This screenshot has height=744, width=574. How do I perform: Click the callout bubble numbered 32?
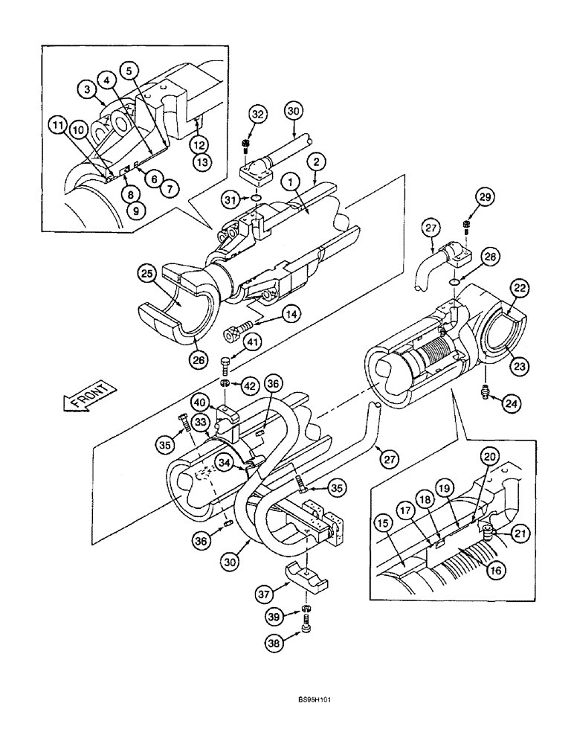257,115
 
